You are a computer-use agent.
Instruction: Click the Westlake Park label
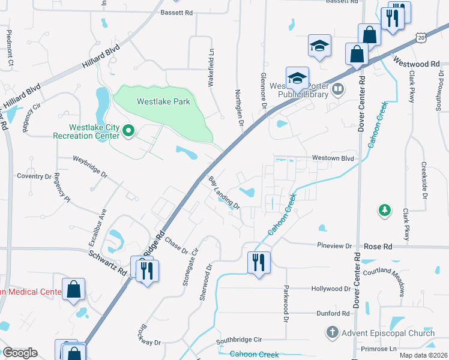(163, 101)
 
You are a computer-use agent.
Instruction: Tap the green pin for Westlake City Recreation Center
(128, 130)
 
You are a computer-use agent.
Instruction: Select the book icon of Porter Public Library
(338, 90)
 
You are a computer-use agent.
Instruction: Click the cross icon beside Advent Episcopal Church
(332, 332)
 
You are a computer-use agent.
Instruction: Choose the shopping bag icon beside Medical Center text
(73, 289)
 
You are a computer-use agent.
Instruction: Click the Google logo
(19, 353)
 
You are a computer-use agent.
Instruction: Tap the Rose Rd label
(378, 247)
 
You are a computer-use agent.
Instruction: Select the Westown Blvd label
(332, 158)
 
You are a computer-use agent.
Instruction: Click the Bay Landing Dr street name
(224, 193)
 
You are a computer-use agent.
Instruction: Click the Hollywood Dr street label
(330, 289)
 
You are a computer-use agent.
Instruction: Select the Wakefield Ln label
(211, 69)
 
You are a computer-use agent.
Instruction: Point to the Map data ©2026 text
(423, 355)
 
